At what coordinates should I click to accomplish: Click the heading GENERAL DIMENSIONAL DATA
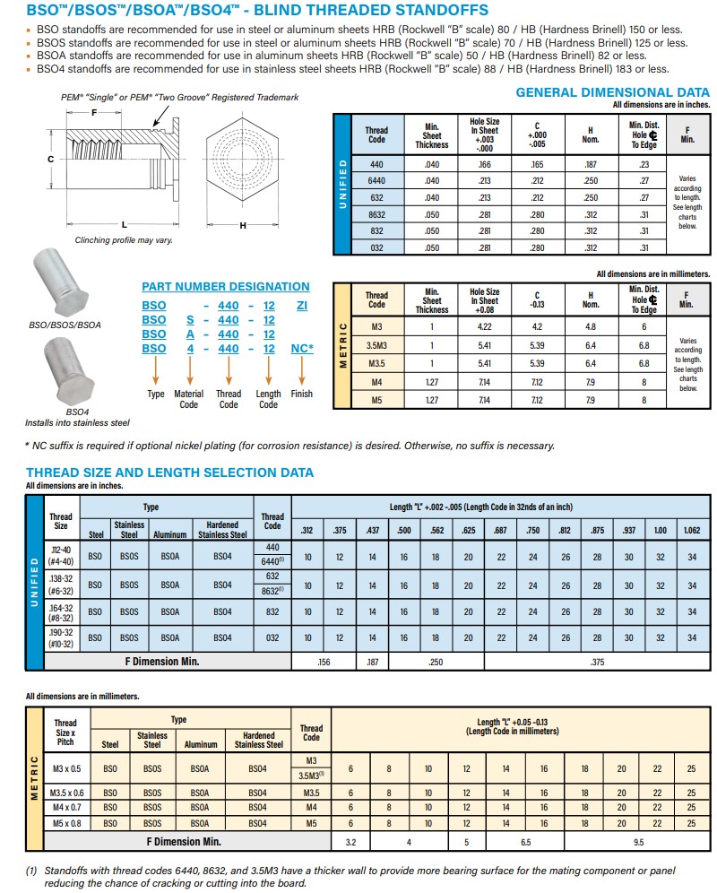pyautogui.click(x=612, y=92)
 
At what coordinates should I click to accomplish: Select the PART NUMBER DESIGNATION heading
pyautogui.click(x=225, y=287)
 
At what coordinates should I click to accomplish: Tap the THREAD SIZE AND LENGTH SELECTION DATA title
pyautogui.click(x=169, y=473)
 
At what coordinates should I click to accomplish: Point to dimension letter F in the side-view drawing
pyautogui.click(x=93, y=113)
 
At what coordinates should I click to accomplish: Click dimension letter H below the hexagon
pyautogui.click(x=242, y=225)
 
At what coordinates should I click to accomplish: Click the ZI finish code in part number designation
pyautogui.click(x=302, y=305)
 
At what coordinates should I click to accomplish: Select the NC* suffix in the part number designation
pyautogui.click(x=302, y=348)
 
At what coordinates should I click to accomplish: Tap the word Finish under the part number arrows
pyautogui.click(x=302, y=394)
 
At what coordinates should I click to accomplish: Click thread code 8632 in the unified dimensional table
pyautogui.click(x=376, y=214)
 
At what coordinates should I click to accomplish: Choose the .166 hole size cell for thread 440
pyautogui.click(x=484, y=164)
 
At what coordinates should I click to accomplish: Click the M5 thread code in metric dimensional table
pyautogui.click(x=376, y=400)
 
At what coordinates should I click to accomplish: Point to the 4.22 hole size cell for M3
pyautogui.click(x=484, y=327)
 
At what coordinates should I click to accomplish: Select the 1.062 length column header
pyautogui.click(x=691, y=530)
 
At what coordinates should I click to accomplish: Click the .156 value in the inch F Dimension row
pyautogui.click(x=324, y=662)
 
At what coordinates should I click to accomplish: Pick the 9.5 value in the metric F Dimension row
pyautogui.click(x=637, y=842)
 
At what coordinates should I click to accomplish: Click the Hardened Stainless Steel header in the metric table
pyautogui.click(x=258, y=740)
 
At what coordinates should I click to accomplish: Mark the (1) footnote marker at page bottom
pyautogui.click(x=31, y=871)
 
